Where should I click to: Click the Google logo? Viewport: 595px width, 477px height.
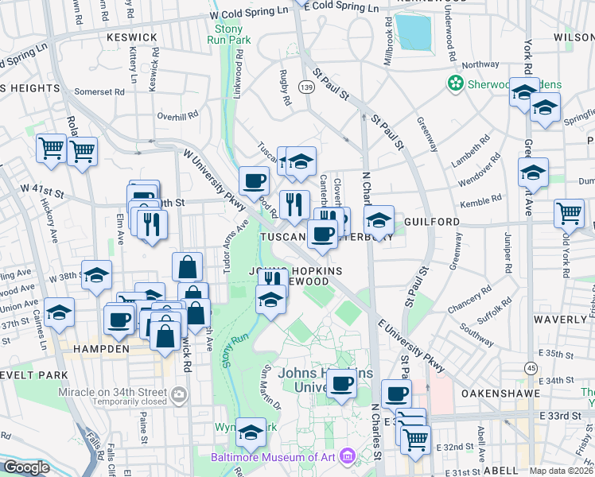[26, 467]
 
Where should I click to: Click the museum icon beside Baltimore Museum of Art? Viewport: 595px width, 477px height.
[347, 457]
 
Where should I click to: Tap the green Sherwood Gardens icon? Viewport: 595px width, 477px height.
[455, 83]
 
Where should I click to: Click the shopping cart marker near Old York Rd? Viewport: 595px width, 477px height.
[570, 212]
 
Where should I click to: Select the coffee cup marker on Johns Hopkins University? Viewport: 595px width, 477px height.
[342, 382]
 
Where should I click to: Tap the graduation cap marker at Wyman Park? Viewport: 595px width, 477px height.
[251, 432]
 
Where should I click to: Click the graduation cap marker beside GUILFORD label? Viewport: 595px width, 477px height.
[379, 220]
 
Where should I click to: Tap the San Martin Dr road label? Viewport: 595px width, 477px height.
[272, 389]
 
